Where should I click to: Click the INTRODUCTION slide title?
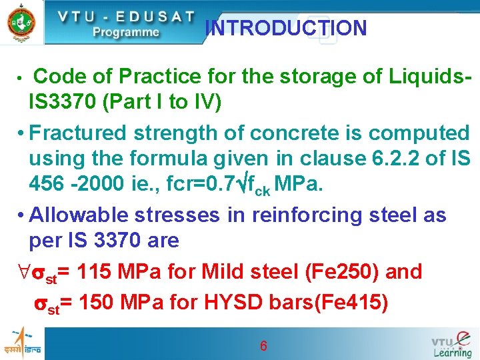tap(286, 29)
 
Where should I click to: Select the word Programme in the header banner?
tap(126, 32)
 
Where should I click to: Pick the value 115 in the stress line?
tap(93, 272)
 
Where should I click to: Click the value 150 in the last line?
tap(95, 303)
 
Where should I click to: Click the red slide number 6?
tap(263, 346)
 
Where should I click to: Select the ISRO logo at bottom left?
tap(22, 342)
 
